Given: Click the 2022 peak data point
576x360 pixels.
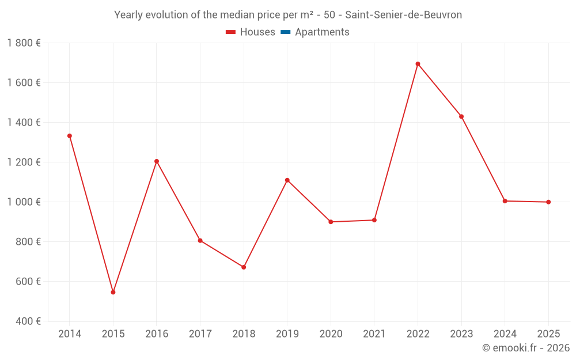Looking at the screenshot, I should (418, 64).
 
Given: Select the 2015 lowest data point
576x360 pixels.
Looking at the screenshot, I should (113, 292).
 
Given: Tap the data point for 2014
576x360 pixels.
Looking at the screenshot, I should (70, 136).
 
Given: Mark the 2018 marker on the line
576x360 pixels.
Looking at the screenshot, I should (244, 267).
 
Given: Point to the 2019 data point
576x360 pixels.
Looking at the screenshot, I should (287, 180).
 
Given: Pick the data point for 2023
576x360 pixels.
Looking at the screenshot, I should (461, 116).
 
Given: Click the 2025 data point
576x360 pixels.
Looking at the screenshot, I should (548, 202).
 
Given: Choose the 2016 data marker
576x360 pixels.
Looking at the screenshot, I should (157, 161).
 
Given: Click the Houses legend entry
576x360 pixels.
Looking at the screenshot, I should (257, 32).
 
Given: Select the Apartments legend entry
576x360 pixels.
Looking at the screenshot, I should (322, 32).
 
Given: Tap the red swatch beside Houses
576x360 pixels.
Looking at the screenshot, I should (231, 32).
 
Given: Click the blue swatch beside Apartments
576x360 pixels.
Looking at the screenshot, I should (285, 32).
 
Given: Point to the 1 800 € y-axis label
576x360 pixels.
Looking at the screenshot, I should (24, 43).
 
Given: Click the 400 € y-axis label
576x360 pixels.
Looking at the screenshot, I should (29, 321).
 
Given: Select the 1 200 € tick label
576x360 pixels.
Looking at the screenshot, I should (24, 162).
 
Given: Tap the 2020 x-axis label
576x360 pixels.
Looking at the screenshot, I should (331, 334).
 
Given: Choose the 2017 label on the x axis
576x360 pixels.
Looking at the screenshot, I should (200, 334).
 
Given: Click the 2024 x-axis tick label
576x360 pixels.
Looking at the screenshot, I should (505, 334).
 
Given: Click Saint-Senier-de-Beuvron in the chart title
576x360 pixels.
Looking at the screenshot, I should (403, 15).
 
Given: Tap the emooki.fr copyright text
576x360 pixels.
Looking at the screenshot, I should (526, 348).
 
